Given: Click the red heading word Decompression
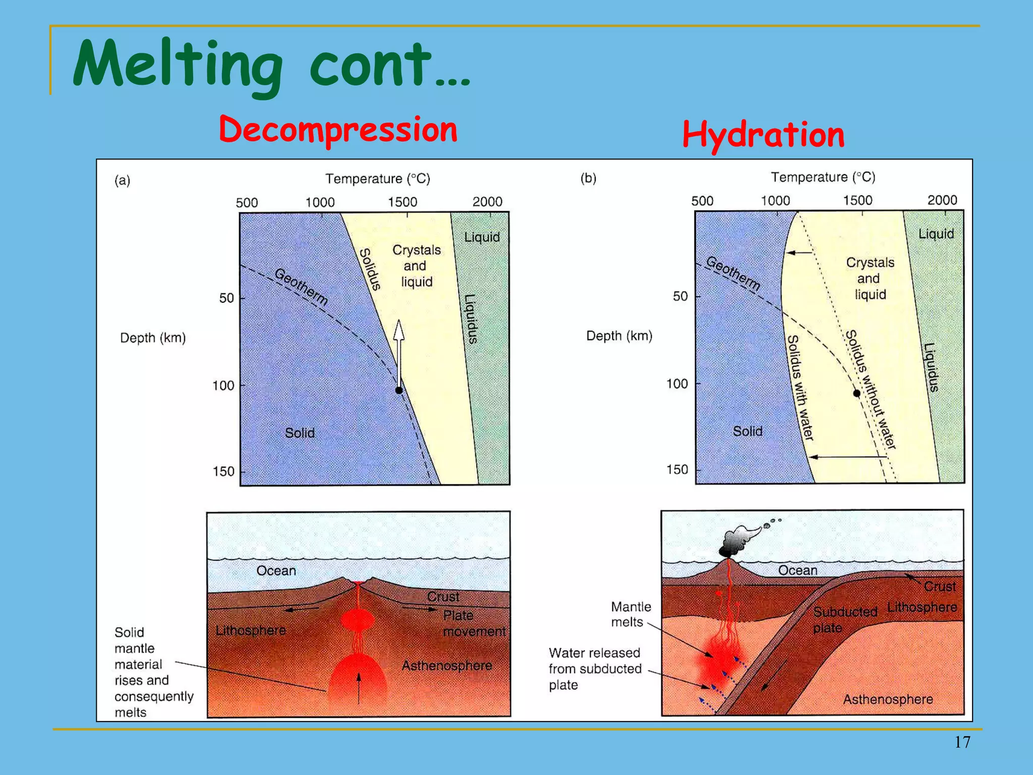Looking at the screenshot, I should pos(338,130).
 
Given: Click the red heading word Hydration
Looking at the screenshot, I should pos(763,135).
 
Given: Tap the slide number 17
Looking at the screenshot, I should pos(962,742).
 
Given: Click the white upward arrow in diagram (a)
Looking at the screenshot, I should pos(399,348).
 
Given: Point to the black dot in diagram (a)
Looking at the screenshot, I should pos(399,390).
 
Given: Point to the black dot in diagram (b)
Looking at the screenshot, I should pos(856,393).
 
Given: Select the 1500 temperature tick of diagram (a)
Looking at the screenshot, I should pos(403,202).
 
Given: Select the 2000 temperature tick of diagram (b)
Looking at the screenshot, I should pos(942,200).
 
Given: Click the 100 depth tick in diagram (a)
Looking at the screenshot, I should pos(223,386).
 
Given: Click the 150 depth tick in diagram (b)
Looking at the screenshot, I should pos(677,470).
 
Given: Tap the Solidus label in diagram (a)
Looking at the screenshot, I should pos(369,269).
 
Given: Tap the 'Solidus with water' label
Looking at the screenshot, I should pos(800,387).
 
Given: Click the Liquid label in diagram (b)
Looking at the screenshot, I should pos(936,234).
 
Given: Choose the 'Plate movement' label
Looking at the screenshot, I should pos(469,623).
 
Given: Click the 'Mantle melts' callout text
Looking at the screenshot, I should pos(630,614).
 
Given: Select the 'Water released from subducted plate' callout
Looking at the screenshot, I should pos(595,669).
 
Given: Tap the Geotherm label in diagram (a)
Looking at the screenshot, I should pos(301,287).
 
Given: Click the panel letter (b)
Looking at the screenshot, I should pos(588,178).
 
